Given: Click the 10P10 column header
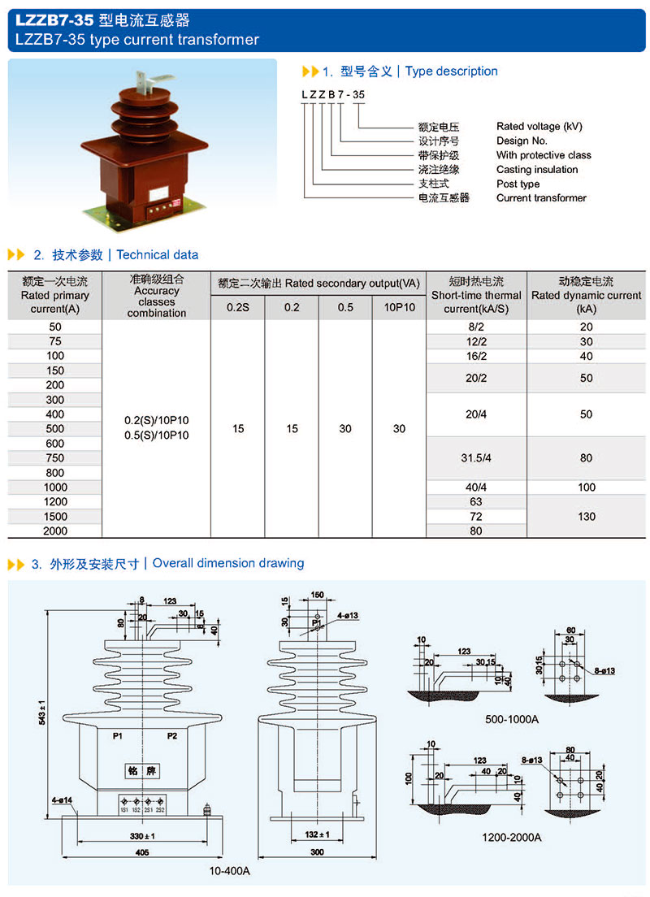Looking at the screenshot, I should [x=399, y=307].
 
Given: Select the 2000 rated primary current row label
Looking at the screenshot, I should [x=55, y=531].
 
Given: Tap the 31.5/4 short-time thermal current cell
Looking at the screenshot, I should [x=475, y=457].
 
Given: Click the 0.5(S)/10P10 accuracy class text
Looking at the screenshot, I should [x=157, y=435].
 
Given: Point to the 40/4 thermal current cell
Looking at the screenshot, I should [x=475, y=487].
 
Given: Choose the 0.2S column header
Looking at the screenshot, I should [x=237, y=307].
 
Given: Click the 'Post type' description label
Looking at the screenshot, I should [x=518, y=184].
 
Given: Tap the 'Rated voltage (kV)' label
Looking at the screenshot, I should [x=539, y=126].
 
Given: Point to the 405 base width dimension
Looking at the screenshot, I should [x=143, y=851].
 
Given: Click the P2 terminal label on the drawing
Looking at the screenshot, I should [x=171, y=735].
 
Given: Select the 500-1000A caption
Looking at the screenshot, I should [x=513, y=718].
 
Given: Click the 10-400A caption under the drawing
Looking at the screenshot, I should [x=229, y=871].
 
